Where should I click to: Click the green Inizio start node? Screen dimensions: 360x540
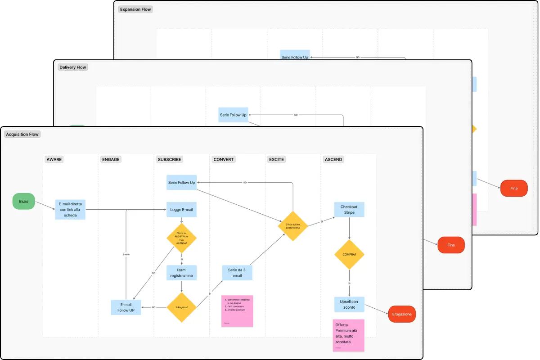click(x=24, y=201)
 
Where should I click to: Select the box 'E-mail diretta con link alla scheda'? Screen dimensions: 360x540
click(x=70, y=209)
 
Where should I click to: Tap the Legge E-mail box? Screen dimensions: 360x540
click(x=181, y=209)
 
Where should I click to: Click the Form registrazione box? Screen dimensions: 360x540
click(x=181, y=273)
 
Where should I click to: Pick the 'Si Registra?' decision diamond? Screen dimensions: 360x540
click(x=181, y=307)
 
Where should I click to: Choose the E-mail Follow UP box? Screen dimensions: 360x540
click(x=126, y=307)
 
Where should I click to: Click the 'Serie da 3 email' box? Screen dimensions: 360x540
click(x=237, y=273)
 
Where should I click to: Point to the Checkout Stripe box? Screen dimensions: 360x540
click(x=349, y=210)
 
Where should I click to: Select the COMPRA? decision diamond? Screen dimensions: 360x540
click(x=349, y=255)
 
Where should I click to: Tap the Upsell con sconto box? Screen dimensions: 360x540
click(x=349, y=304)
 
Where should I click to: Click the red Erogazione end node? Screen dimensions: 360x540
click(x=402, y=314)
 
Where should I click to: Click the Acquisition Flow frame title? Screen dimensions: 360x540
click(x=22, y=134)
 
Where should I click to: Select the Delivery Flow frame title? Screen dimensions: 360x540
click(x=73, y=67)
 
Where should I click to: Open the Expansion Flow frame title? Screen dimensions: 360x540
click(x=135, y=9)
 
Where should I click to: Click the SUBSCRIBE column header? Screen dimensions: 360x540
click(x=169, y=159)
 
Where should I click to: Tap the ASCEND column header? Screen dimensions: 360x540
click(x=333, y=159)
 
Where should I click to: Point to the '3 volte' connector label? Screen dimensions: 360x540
click(x=126, y=255)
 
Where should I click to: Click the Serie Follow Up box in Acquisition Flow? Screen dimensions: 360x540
click(x=181, y=182)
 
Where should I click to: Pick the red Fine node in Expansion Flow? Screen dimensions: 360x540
click(x=514, y=189)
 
